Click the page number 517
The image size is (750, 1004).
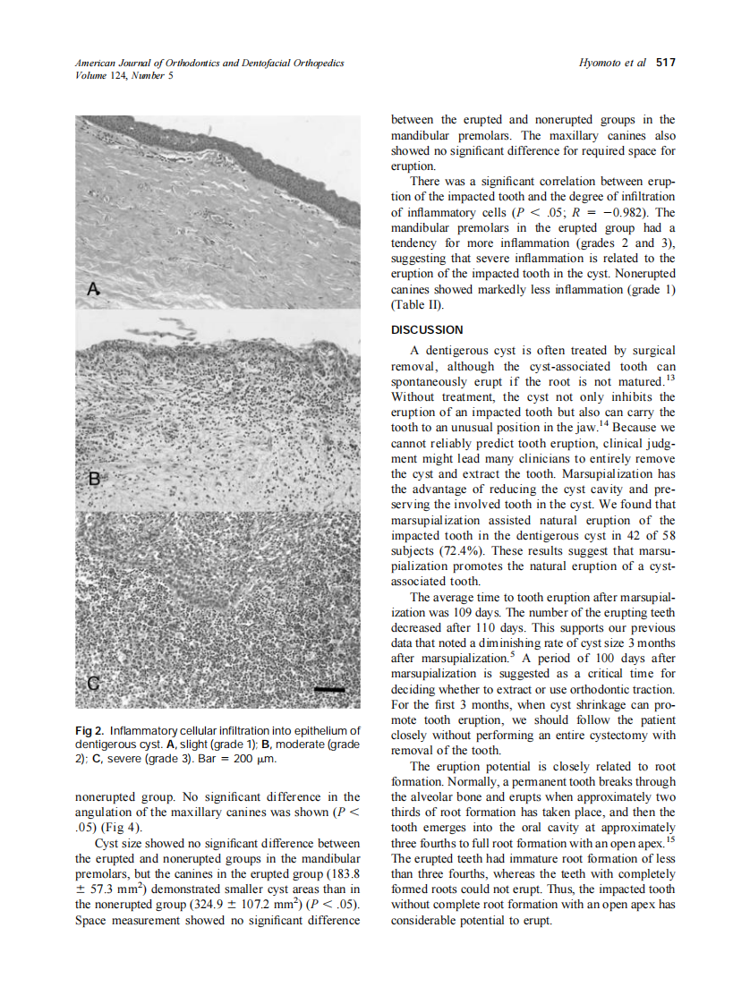pyautogui.click(x=665, y=63)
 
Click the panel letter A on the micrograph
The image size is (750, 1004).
pyautogui.click(x=92, y=288)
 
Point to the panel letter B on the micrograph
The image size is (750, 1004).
pyautogui.click(x=92, y=480)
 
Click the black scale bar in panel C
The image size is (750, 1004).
pyautogui.click(x=329, y=689)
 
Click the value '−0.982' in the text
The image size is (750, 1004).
pyautogui.click(x=633, y=212)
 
